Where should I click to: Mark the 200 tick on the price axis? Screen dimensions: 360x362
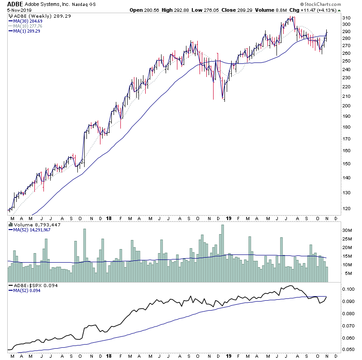click(x=347, y=106)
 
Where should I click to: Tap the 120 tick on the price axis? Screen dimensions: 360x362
click(x=347, y=209)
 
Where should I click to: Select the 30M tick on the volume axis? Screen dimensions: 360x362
click(x=347, y=230)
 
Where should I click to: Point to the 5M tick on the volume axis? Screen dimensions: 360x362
click(x=346, y=274)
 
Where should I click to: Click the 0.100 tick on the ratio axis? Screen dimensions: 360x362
click(x=348, y=289)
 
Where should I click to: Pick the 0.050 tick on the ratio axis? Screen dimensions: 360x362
click(x=348, y=350)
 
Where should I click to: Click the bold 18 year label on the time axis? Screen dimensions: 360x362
click(x=109, y=218)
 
